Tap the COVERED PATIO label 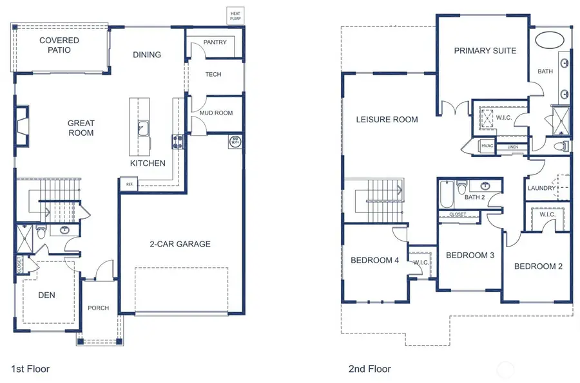[59, 45]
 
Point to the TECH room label [213, 75]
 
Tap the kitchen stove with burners [177, 142]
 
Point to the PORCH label [99, 308]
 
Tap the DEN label [46, 295]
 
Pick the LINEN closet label [512, 147]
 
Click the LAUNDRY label [541, 188]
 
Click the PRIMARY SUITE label [485, 51]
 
